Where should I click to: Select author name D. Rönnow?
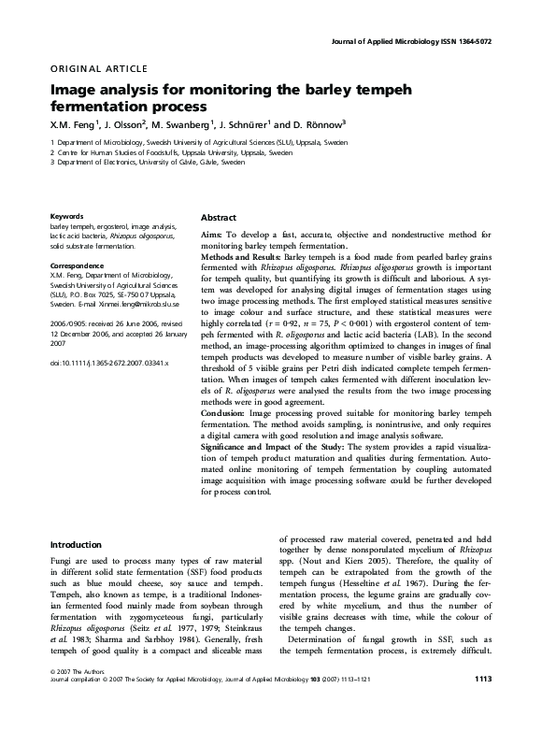tap(317, 123)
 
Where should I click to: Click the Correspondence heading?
tap(78, 266)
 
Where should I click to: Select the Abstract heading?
tap(219, 217)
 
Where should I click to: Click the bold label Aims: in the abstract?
tap(214, 234)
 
